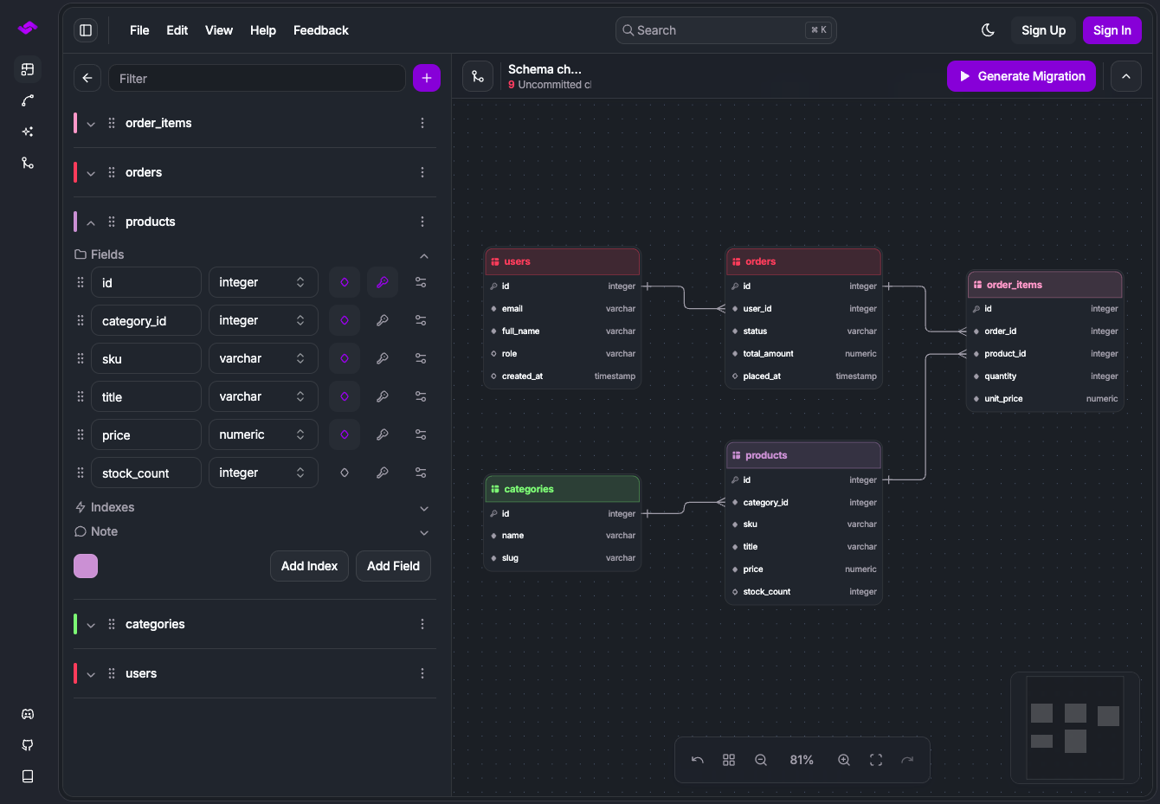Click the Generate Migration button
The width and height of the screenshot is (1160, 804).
coord(1021,77)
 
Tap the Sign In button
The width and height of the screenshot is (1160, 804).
coord(1112,30)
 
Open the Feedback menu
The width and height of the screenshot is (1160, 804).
coord(320,30)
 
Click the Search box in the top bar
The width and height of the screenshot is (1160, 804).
coord(725,30)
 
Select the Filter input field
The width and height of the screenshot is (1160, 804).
coord(257,78)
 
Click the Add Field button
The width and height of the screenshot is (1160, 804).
coord(393,566)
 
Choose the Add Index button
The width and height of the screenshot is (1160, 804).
coord(309,566)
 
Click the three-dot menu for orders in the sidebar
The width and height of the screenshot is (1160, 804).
coord(422,172)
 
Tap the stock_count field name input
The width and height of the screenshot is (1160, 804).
coord(146,473)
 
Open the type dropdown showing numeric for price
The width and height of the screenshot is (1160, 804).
coord(263,434)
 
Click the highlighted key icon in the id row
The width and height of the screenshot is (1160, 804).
coord(382,282)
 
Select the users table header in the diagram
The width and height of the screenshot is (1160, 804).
coord(563,261)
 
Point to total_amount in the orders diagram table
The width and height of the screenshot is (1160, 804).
coord(768,354)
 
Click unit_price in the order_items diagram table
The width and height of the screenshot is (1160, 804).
coord(1003,399)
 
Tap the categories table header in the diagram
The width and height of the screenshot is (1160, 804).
coord(563,489)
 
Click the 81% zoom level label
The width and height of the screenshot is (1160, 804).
coord(801,760)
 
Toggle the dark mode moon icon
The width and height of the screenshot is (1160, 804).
coord(988,30)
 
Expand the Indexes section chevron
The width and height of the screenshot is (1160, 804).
coord(423,508)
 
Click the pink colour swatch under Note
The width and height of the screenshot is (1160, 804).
coord(86,566)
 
